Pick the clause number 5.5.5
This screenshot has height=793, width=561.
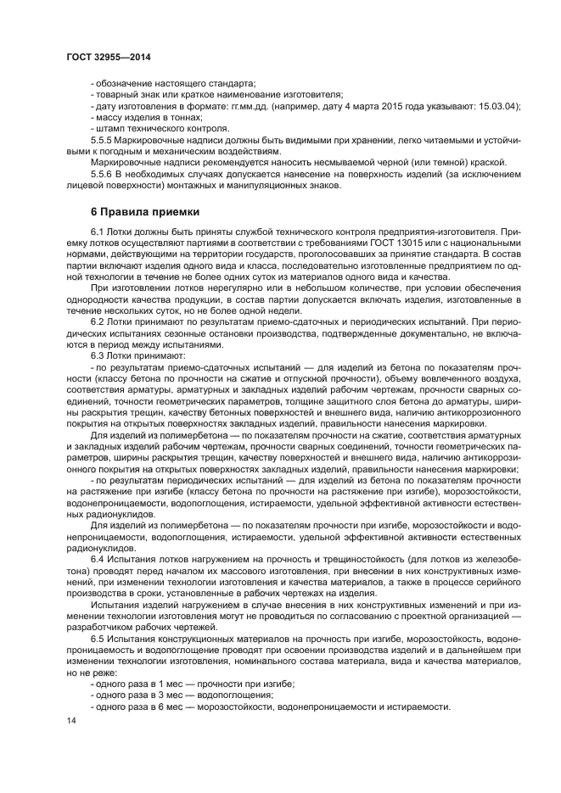(102, 140)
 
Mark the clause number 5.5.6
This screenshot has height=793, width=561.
(102, 174)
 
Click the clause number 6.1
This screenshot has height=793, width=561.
(98, 232)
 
